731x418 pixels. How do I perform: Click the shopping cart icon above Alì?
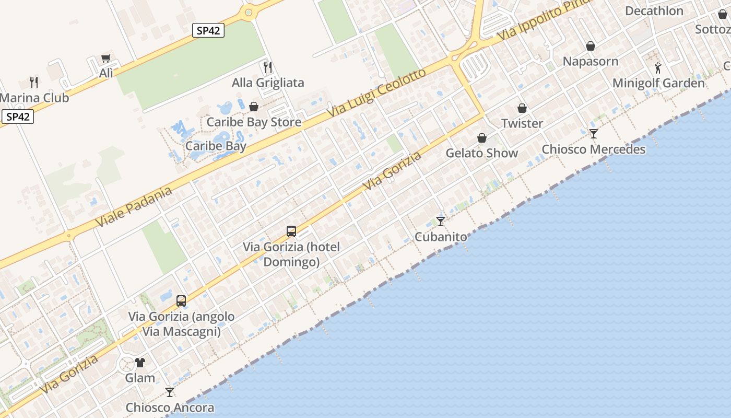tap(106, 59)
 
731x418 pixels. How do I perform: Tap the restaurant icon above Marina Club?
tap(34, 82)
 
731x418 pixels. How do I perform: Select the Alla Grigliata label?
tap(268, 83)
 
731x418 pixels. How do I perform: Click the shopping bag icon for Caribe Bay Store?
tap(254, 107)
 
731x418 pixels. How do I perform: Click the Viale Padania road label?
tap(134, 207)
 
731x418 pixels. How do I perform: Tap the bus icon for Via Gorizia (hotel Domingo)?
tap(291, 231)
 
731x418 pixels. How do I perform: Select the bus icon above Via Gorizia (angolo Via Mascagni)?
tap(181, 301)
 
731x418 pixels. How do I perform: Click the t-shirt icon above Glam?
tap(140, 362)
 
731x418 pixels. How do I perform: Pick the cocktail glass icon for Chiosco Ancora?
tap(170, 392)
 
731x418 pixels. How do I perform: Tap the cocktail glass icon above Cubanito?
tap(441, 222)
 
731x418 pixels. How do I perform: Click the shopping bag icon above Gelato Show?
tap(482, 138)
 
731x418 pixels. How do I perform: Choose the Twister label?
tap(522, 123)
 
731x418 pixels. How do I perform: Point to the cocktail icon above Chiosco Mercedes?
tap(594, 134)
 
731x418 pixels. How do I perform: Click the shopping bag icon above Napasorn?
tap(591, 47)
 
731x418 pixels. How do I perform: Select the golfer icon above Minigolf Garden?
tap(658, 68)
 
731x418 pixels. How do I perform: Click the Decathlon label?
tap(654, 11)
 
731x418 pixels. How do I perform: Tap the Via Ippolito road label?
tap(543, 21)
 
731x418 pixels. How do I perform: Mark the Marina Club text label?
tap(34, 98)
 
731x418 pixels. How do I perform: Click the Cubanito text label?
tap(441, 237)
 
